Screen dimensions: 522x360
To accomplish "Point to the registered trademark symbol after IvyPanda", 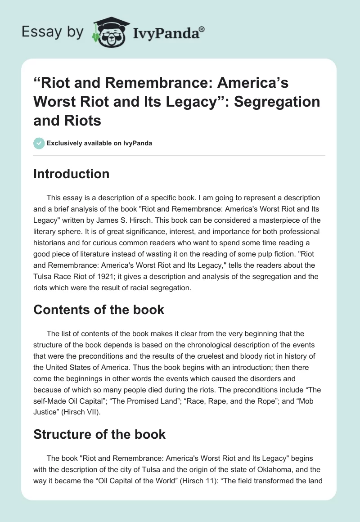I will click(202, 28).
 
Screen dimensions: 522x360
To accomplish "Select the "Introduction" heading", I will click(71, 174).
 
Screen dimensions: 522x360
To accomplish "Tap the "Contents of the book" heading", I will click(99, 310).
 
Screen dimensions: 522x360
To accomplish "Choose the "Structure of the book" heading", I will click(99, 434).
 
